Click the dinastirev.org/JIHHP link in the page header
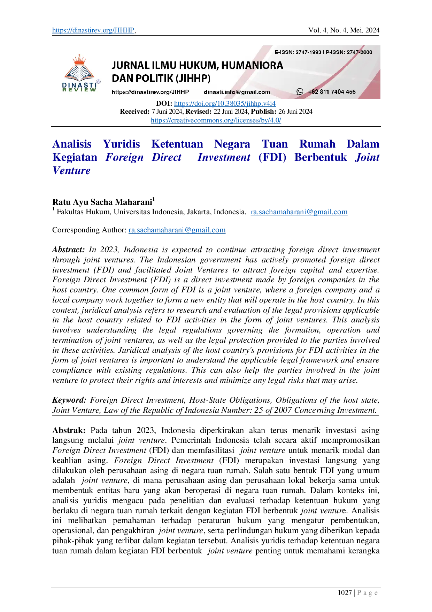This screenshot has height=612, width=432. (93, 30)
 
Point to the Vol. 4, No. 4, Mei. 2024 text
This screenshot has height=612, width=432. (344, 30)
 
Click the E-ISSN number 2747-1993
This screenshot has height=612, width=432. (308, 52)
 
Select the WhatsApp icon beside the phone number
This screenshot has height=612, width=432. (300, 92)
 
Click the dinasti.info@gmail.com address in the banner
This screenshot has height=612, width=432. (237, 92)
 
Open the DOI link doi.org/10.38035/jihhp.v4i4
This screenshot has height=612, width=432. (225, 103)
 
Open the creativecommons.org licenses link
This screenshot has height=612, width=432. (216, 120)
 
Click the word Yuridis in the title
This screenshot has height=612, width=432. (121, 144)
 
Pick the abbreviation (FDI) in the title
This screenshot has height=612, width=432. (272, 157)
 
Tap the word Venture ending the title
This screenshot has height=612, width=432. (71, 171)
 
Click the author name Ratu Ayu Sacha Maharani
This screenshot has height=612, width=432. (102, 202)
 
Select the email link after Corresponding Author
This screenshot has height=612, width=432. (177, 230)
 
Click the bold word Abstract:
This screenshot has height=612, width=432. (69, 250)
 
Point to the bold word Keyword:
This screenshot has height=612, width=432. (69, 400)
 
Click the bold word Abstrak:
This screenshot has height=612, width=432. (69, 431)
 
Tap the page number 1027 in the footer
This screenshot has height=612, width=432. (345, 592)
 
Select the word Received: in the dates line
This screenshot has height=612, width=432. (135, 112)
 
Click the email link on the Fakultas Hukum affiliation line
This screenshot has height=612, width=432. (299, 212)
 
